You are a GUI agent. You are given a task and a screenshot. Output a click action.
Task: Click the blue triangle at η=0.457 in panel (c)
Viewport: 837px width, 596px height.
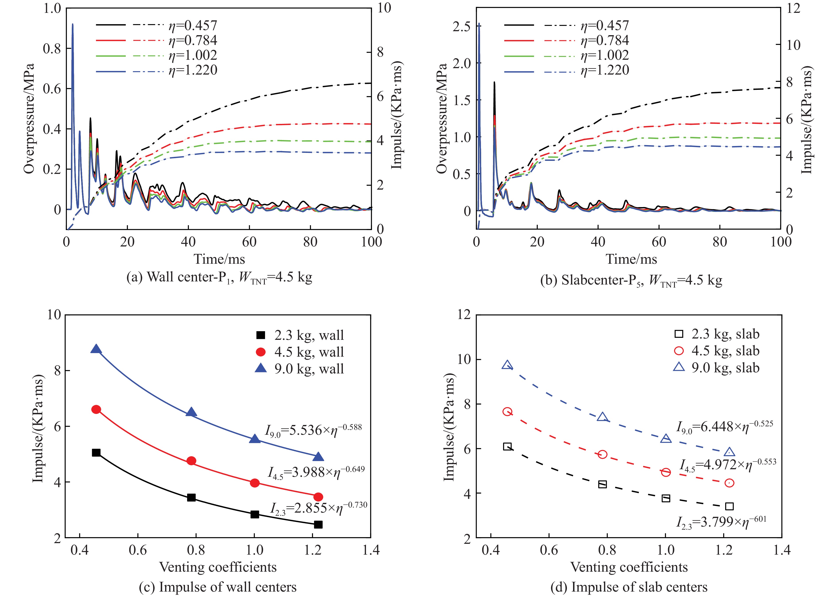(96, 349)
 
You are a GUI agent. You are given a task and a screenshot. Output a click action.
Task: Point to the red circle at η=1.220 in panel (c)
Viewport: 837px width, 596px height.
(318, 497)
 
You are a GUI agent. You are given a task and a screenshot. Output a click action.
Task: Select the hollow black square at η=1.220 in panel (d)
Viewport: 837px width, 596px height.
(729, 506)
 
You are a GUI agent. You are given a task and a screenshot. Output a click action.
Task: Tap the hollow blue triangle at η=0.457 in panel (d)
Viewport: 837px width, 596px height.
(508, 365)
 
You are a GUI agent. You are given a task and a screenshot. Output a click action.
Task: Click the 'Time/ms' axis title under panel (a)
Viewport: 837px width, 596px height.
(219, 259)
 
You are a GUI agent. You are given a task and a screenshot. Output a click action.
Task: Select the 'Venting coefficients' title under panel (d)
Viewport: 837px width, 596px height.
(629, 567)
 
